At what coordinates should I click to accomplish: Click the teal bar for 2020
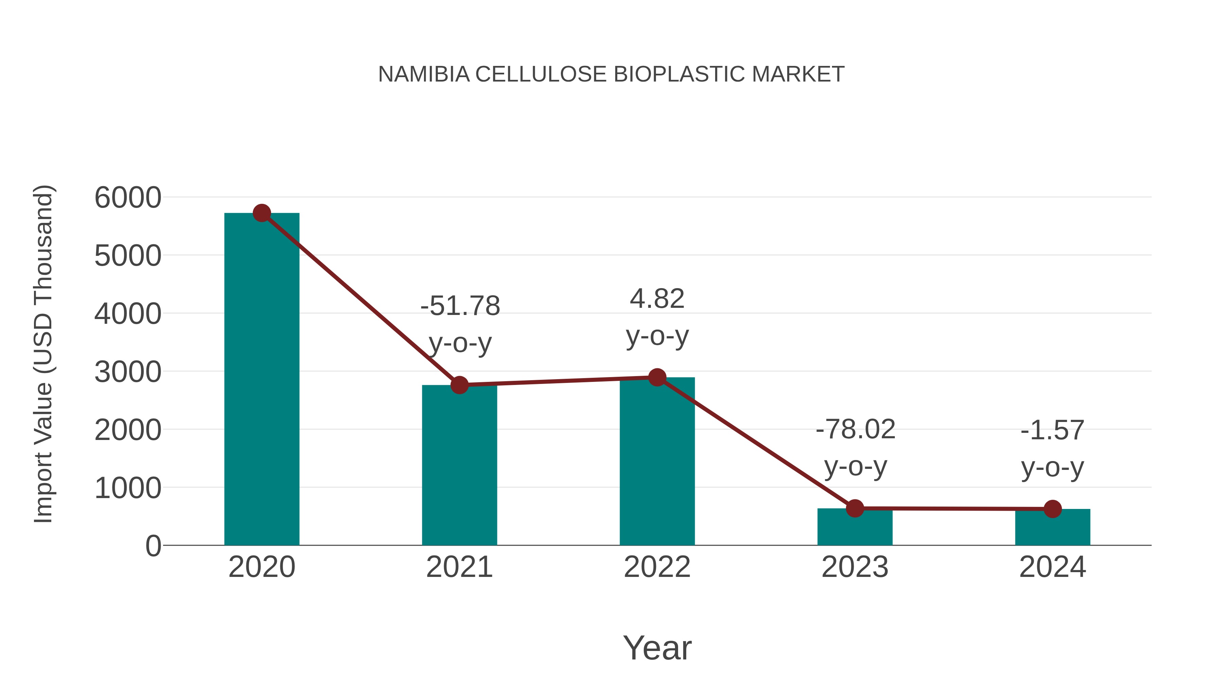262,380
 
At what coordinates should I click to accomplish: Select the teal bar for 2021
459,465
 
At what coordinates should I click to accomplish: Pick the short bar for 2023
855,528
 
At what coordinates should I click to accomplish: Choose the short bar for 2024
1052,528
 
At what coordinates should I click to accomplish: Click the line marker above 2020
262,213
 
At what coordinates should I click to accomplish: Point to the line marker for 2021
459,385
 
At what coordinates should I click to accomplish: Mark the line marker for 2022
657,377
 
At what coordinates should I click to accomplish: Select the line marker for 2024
1052,509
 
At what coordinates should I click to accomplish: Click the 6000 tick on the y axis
128,197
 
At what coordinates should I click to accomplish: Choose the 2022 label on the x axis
657,567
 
